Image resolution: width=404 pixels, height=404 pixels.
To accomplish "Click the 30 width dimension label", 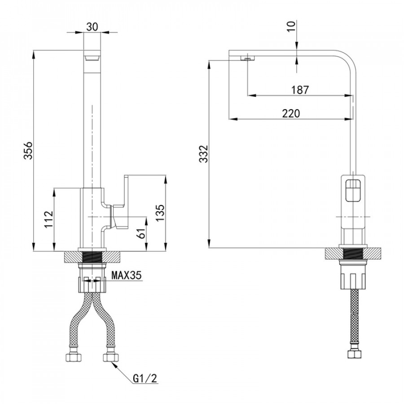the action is pyautogui.click(x=92, y=26).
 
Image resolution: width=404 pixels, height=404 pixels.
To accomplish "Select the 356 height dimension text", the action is pyautogui.click(x=28, y=150).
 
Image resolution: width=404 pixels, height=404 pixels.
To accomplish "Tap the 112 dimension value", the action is pyautogui.click(x=48, y=219).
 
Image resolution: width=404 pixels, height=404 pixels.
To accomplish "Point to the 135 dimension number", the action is pyautogui.click(x=160, y=213).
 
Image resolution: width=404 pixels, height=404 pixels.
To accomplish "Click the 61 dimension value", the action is pyautogui.click(x=142, y=233).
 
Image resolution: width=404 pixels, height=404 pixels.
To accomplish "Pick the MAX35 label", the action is pyautogui.click(x=127, y=276).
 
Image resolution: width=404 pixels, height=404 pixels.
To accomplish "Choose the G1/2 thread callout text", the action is pyautogui.click(x=145, y=378).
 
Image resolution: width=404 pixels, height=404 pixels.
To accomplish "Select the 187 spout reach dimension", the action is pyautogui.click(x=300, y=90).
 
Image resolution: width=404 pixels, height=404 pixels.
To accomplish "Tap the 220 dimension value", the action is pyautogui.click(x=291, y=114).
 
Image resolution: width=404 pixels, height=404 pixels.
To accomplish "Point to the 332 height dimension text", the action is pyautogui.click(x=203, y=154).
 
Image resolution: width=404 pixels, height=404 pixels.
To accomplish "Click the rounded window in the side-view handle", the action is pyautogui.click(x=353, y=190).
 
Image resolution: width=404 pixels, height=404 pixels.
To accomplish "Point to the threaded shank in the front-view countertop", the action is pyautogui.click(x=92, y=257).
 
